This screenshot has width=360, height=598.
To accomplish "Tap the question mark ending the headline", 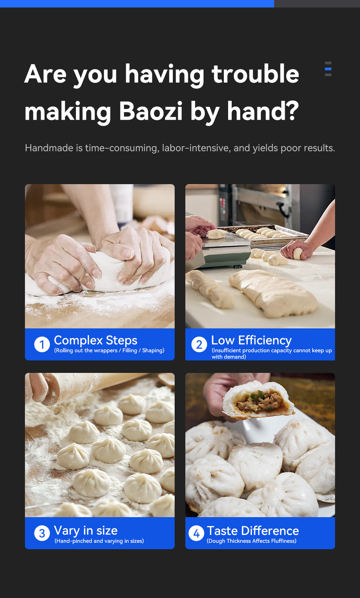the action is pos(290,111).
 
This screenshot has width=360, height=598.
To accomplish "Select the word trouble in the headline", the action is pos(255,74).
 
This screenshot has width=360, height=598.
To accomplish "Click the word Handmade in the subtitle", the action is pos(49,148).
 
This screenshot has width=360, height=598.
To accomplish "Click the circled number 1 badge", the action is pos(42,344).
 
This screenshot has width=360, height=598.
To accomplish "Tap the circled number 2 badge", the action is pos(199,344).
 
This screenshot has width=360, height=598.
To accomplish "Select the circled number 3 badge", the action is pos(42,533).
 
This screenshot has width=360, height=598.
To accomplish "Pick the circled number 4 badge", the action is pos(196,533).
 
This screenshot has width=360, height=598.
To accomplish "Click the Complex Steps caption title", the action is pos(96,340).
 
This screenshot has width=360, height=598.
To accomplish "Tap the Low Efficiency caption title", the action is pos(252,340).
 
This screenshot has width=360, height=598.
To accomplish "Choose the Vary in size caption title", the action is pos(86,530).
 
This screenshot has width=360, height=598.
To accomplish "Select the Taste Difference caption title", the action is pos(253,531).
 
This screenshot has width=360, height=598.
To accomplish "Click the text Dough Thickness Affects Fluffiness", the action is pos(252,541).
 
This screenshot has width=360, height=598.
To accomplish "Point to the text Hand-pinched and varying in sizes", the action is pos(99,541).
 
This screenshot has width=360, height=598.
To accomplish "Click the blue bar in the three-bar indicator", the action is pos(328,69).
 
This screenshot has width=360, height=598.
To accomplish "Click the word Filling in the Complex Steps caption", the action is pos(130,350).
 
